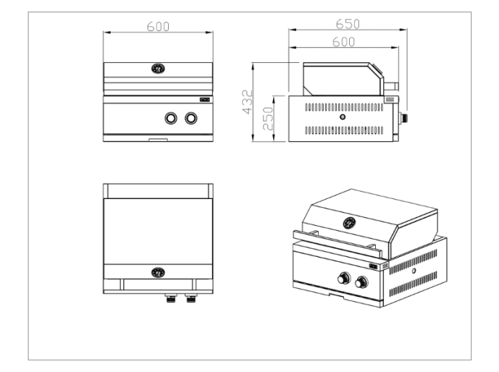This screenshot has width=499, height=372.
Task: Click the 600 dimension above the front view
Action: click(x=158, y=26)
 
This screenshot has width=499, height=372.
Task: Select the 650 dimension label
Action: click(x=351, y=24)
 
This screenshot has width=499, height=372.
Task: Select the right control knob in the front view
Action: click(x=191, y=118)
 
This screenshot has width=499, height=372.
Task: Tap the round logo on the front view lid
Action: click(x=158, y=69)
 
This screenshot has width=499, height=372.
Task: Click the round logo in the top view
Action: click(x=158, y=272)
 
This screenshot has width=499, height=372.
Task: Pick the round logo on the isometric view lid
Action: click(x=351, y=222)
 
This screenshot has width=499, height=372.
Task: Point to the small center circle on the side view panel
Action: click(x=343, y=117)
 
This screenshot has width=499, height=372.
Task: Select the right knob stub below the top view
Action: click(x=191, y=297)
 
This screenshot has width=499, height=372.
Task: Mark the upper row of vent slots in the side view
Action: click(x=343, y=106)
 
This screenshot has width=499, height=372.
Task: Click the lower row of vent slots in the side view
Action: click(x=343, y=130)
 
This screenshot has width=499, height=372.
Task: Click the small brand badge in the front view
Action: click(x=205, y=101)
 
